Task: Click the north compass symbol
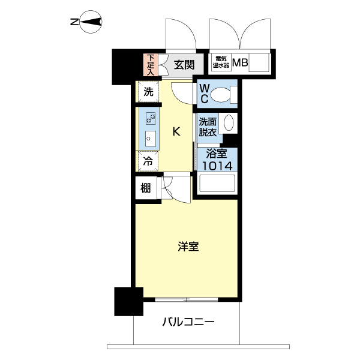tap(89, 23)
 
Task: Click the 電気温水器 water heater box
tap(220, 62)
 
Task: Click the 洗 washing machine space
tap(148, 92)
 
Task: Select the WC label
tap(204, 94)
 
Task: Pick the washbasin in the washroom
tap(228, 123)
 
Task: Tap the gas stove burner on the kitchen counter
tap(151, 118)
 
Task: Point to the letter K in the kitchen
tap(176, 132)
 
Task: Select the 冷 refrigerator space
tap(148, 161)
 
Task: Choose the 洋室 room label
tap(188, 247)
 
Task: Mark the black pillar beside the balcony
tap(128, 301)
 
